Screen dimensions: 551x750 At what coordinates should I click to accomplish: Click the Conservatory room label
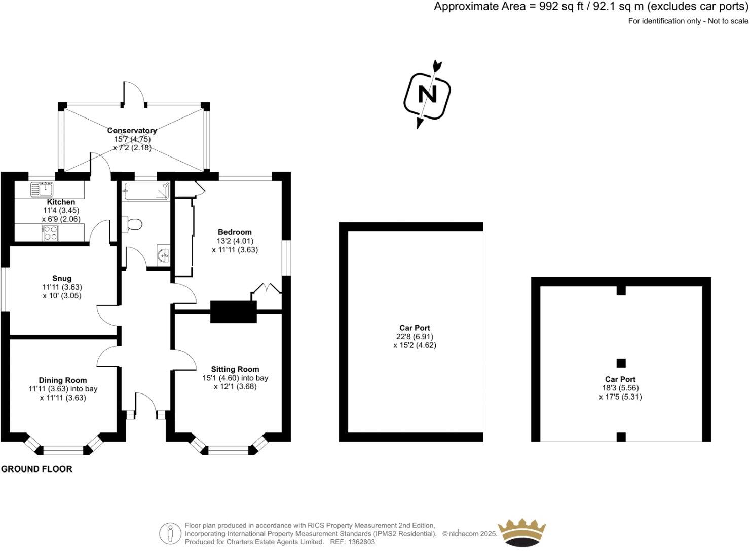(132, 130)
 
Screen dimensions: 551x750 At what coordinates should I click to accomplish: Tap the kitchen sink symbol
(43, 189)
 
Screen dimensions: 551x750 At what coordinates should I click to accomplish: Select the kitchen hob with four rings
(50, 233)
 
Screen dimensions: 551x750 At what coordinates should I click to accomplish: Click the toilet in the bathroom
(134, 224)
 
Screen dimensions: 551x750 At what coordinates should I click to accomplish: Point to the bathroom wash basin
(163, 255)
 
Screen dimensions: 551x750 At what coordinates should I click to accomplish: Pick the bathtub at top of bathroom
(145, 191)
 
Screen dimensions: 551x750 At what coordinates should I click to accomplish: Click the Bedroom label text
(235, 232)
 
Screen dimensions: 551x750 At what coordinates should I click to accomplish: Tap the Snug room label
(62, 278)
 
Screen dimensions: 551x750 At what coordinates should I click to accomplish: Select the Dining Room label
(63, 380)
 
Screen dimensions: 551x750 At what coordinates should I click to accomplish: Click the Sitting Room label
(235, 369)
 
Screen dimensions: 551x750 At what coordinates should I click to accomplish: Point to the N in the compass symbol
(427, 94)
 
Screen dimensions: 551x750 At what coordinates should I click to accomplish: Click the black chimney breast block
(234, 311)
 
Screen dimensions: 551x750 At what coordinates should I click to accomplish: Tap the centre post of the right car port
(621, 363)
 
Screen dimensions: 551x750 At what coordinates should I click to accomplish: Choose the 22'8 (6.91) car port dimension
(415, 336)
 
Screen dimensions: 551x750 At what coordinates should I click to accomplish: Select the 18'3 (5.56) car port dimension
(620, 388)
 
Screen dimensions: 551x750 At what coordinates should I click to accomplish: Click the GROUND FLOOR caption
(36, 469)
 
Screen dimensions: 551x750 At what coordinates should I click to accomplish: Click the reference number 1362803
(360, 542)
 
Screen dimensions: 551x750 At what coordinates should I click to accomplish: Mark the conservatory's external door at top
(134, 94)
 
